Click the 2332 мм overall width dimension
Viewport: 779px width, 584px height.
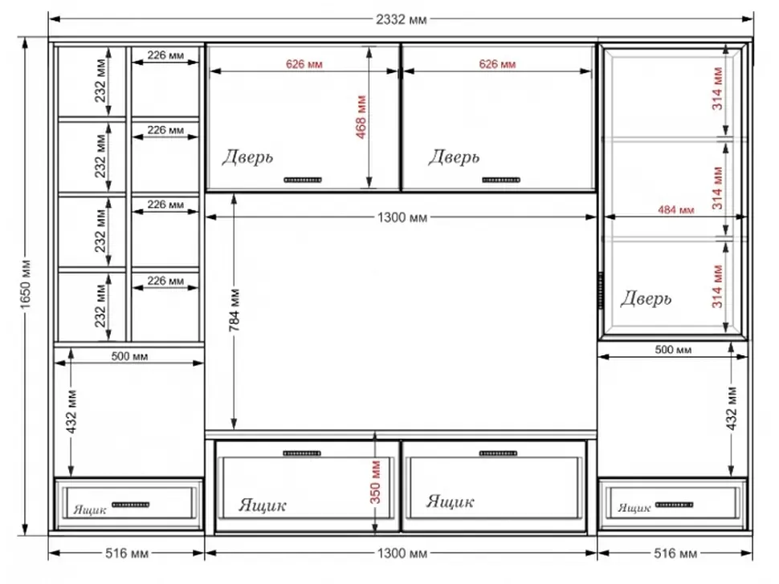coord(401,19)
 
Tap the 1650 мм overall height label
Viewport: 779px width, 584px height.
coord(26,284)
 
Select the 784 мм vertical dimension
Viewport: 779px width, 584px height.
coord(235,310)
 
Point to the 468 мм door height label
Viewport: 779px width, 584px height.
coord(361,116)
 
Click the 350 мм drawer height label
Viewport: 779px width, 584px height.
coord(375,482)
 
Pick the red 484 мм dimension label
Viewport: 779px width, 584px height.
coord(675,210)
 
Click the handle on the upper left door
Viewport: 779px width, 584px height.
coord(303,180)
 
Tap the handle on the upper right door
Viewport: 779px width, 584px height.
coord(501,180)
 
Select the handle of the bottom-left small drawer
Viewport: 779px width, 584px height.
coord(131,505)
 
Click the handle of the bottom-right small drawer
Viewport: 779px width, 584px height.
coord(674,505)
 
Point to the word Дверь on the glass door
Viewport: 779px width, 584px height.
coord(646,298)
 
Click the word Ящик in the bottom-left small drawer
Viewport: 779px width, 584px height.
coord(90,509)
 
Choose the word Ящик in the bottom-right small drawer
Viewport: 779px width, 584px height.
coord(634,508)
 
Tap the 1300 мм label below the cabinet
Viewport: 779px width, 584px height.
coord(402,553)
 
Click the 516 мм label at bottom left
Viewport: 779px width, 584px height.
coord(127,553)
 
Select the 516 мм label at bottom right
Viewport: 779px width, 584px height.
coord(675,553)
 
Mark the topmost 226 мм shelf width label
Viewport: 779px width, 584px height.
coord(165,55)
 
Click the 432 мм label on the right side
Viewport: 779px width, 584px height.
coord(732,408)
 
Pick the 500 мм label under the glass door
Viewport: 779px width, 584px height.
coord(673,349)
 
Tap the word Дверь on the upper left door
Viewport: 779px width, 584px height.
coord(247,156)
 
